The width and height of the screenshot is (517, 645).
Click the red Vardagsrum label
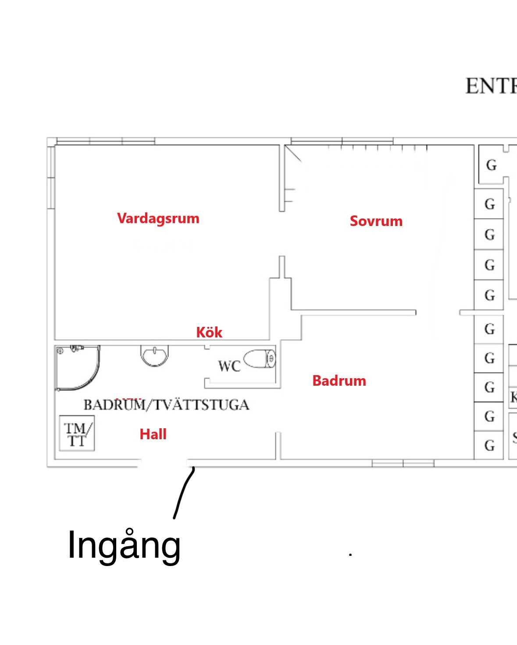pos(158,219)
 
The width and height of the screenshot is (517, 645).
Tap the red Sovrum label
pos(376,221)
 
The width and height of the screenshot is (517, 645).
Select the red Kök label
pos(209,333)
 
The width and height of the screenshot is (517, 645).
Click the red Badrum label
pos(339,381)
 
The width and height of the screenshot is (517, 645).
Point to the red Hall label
pos(153,434)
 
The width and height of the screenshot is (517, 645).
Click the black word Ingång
pos(124,545)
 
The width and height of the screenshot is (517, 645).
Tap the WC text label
pos(229,366)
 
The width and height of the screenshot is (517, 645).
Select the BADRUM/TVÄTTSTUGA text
pos(167,405)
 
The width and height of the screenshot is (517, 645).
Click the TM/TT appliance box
pos(77,434)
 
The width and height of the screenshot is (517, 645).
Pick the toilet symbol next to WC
pos(260,359)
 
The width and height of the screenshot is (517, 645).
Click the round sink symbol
pos(154,355)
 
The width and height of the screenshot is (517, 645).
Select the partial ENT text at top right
pos(491,86)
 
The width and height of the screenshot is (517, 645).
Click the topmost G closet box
pos(491,165)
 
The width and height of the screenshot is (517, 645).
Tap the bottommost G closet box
pos(489,446)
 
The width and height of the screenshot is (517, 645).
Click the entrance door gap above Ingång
pos(163,463)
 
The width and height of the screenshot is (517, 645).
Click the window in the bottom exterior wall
pos(403,463)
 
